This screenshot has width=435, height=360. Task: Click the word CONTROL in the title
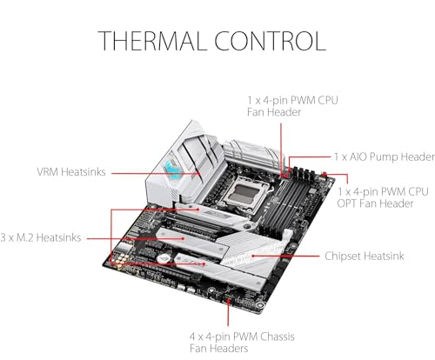[x=271, y=41]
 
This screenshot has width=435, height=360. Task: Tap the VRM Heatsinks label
[x=71, y=172]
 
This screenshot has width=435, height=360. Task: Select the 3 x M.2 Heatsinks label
[x=41, y=237]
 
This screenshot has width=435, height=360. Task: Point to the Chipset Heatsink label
[x=365, y=257]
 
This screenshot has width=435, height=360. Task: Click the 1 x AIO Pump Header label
[x=385, y=157]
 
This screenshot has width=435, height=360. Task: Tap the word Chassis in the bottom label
[x=278, y=337]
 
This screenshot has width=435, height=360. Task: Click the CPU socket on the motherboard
[x=245, y=193]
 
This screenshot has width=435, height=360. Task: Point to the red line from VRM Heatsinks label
[x=156, y=173]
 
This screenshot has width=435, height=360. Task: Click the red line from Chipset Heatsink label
[x=285, y=256]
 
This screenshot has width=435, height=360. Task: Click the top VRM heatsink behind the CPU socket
[x=252, y=155]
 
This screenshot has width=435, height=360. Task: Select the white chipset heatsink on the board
[x=251, y=251]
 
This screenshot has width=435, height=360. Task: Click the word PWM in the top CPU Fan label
[x=304, y=101]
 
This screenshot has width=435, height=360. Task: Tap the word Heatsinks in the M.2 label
[x=59, y=237]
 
